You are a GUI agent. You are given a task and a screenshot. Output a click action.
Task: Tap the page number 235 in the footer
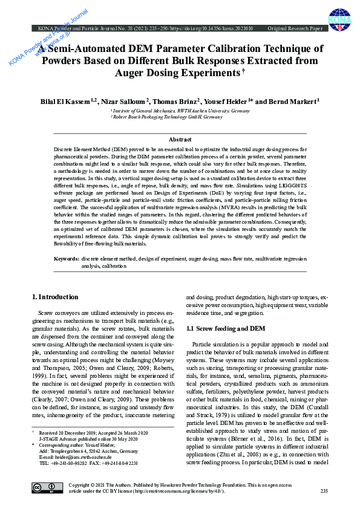pyautogui.click(x=323, y=491)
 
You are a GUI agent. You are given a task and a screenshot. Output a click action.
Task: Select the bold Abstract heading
pyautogui.click(x=180, y=140)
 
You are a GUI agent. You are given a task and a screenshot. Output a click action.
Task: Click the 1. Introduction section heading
pyautogui.click(x=55, y=297)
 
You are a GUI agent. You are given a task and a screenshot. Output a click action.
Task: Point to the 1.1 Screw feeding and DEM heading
pyautogui.click(x=226, y=328)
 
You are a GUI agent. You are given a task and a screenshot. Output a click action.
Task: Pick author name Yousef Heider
pyautogui.click(x=227, y=102)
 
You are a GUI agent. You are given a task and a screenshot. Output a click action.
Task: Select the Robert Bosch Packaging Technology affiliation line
pyautogui.click(x=166, y=117)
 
